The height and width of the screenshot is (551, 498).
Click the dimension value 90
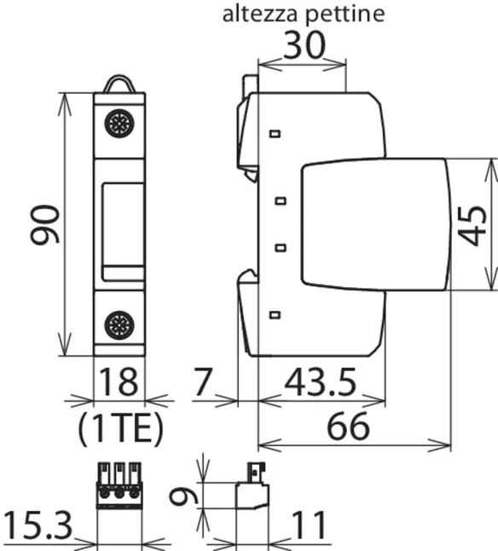point(45,225)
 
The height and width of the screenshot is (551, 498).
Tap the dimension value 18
point(119,382)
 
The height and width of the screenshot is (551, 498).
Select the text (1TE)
point(120,428)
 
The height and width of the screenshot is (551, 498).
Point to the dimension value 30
point(304,45)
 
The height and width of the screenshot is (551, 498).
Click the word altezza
point(260,14)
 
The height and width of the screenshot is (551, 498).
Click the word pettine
point(345,15)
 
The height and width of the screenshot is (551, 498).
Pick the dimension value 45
point(472,226)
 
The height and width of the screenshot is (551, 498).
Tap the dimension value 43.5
point(320,382)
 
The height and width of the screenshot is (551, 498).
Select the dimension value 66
point(348,426)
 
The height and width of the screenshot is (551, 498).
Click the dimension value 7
point(203,382)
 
